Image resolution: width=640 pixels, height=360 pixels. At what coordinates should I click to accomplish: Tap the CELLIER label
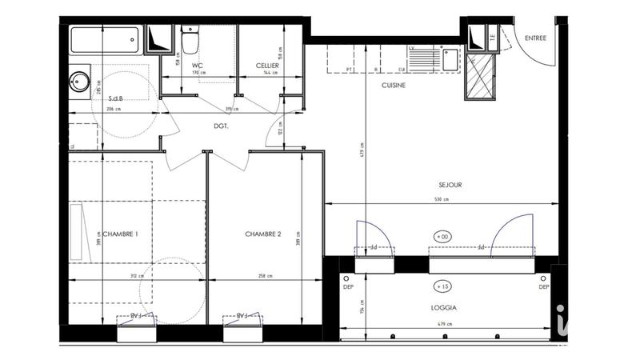coord(267,65)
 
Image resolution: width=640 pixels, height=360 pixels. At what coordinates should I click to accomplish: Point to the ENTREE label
coord(536,38)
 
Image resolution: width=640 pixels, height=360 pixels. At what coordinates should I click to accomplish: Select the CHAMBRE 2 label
coord(262,234)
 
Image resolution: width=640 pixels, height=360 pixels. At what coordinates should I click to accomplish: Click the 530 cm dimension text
coord(442,200)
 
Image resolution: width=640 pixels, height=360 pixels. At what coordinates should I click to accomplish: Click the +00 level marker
coord(442,237)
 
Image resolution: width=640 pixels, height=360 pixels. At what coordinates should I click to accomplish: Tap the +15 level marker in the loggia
coord(442,286)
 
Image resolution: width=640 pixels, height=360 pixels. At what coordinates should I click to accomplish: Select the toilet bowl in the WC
coord(191,40)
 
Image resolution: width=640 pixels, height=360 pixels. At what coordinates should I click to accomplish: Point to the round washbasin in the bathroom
coord(79,81)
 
